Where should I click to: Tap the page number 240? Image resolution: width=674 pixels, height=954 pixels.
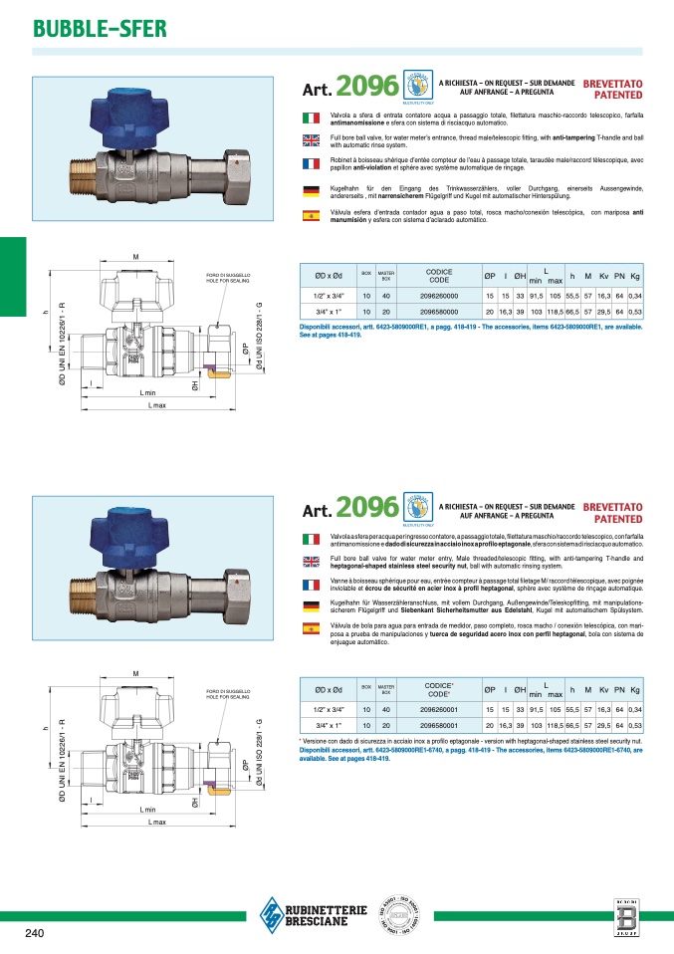tap(34, 933)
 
